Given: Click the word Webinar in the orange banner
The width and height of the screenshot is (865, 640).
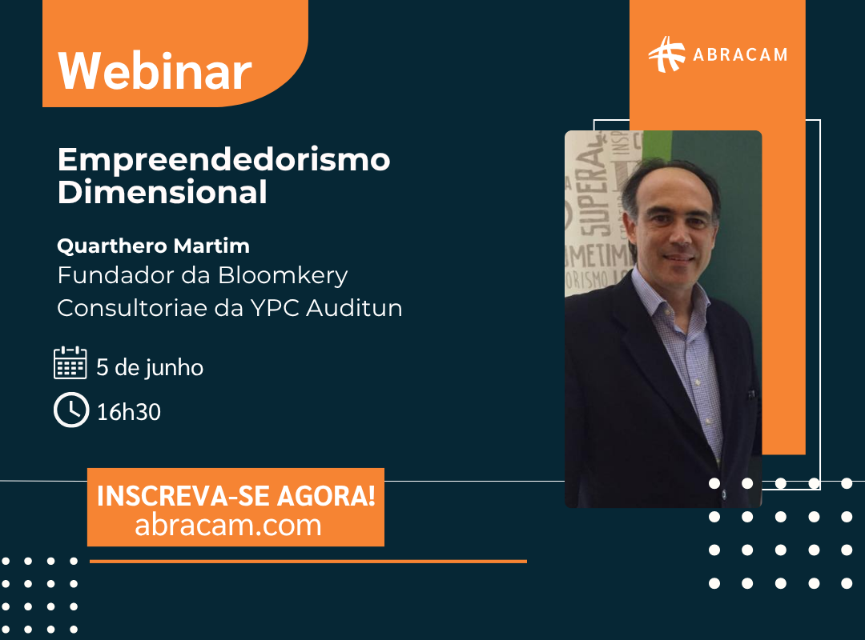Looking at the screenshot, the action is (x=155, y=71).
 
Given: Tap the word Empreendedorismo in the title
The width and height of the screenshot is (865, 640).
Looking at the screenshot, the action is (x=223, y=159).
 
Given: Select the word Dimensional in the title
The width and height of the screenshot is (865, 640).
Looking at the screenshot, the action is (x=162, y=192).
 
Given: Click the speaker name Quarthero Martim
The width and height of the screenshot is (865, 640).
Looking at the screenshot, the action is (x=153, y=246).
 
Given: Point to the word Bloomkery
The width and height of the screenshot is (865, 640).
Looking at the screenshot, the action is (x=283, y=276).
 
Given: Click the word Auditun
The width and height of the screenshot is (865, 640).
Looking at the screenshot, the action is (x=354, y=307).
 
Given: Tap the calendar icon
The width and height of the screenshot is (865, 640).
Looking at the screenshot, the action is (x=70, y=362).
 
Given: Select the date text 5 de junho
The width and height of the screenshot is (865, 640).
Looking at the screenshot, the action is (x=150, y=368).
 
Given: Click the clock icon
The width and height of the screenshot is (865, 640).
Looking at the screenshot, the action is (x=71, y=410).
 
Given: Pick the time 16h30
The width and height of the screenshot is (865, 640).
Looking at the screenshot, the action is (x=128, y=412).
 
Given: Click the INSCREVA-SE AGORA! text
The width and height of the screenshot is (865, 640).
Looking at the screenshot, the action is (x=236, y=495).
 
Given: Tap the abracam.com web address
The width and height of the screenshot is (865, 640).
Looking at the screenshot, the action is (x=227, y=526).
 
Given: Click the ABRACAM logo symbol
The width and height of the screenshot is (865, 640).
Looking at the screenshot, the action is (x=666, y=54).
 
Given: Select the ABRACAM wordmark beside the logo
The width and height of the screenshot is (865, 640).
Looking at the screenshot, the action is (x=740, y=54).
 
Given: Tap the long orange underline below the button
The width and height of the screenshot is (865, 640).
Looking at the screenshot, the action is (x=308, y=561).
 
